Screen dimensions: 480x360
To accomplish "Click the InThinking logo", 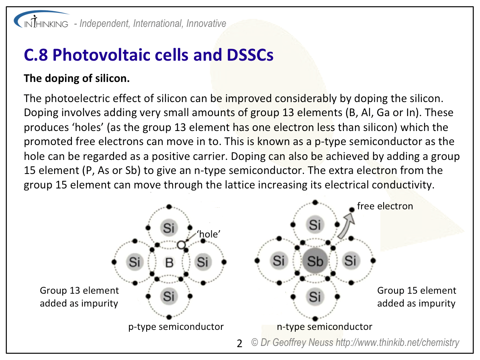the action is click(x=42, y=20).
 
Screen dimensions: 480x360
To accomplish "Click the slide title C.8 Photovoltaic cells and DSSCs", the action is click(x=149, y=55).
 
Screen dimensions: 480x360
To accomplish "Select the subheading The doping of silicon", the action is click(x=77, y=78).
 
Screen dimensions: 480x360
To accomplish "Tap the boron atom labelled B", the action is click(x=169, y=262).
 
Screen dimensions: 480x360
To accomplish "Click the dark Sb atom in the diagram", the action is click(x=315, y=261).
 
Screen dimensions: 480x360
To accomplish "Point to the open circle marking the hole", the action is click(x=181, y=245).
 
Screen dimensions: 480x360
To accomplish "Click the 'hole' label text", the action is click(x=208, y=234).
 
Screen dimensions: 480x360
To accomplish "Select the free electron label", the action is click(x=385, y=206).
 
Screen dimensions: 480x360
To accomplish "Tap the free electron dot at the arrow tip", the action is click(x=352, y=210).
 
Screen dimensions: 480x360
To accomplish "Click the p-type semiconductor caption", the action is click(x=176, y=327).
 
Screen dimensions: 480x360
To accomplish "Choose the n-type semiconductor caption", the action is click(x=325, y=327).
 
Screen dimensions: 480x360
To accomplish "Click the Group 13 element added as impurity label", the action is click(x=79, y=297).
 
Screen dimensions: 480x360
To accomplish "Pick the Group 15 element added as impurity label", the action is click(x=417, y=297).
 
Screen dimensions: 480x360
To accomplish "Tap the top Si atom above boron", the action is click(x=169, y=228).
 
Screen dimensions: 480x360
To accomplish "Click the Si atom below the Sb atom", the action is click(x=315, y=297).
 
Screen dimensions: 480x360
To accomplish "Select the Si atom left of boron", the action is click(x=135, y=262).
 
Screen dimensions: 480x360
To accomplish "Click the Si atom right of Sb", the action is click(x=350, y=261).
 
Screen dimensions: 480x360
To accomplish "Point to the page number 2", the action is click(x=239, y=344).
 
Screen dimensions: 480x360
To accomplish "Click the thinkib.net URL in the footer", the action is click(x=397, y=343).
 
